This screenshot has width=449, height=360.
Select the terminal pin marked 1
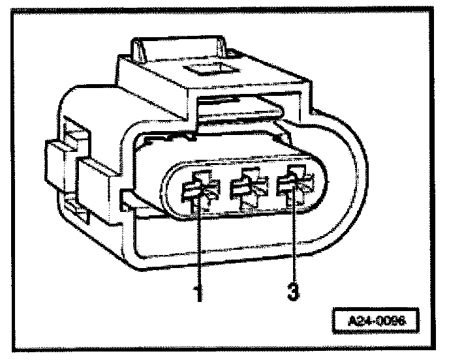198,190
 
